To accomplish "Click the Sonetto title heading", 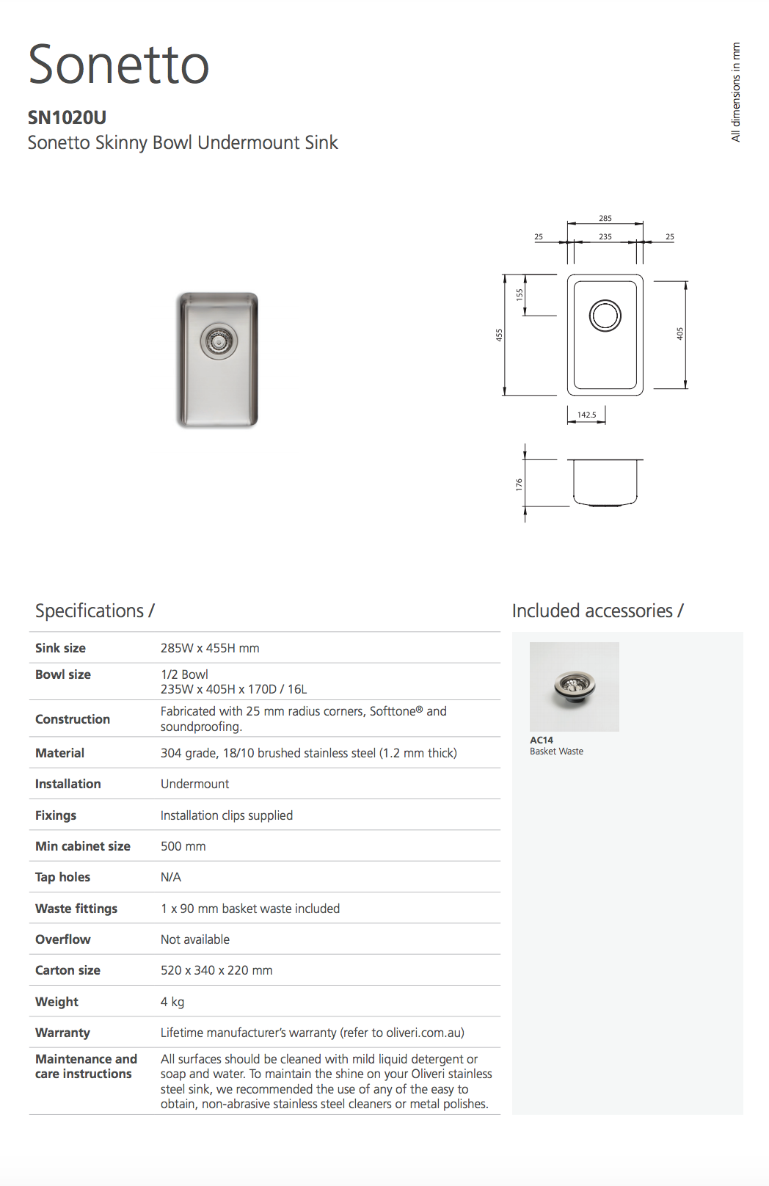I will point(119,65).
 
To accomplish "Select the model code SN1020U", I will point(67,117).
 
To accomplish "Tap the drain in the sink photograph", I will point(219,341).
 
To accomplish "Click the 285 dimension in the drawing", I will point(605,218).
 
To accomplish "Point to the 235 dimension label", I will point(605,236).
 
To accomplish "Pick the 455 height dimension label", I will point(499,335).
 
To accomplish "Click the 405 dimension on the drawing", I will point(679,333).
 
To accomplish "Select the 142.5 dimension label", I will point(586,415).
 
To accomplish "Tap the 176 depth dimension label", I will point(519,484).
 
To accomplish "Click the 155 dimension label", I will point(520,294).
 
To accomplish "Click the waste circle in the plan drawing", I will point(605,316).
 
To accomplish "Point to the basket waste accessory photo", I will point(574,686).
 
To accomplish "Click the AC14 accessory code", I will point(542,740).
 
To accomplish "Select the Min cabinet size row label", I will point(83,846).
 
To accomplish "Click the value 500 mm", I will point(183,846).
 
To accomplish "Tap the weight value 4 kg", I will point(172,1002).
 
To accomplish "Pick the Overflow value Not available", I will point(194,939).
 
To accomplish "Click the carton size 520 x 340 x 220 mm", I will point(216,970).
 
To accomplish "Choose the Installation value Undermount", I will point(194,784).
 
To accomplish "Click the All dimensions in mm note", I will point(735,92).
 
